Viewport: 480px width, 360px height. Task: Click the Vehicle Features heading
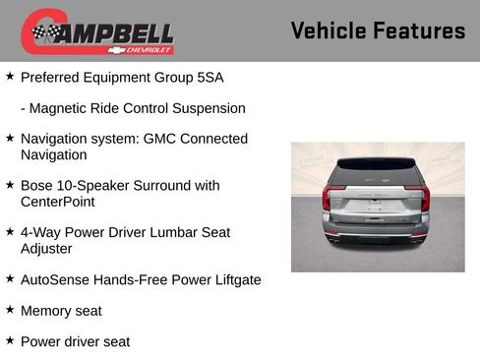(378, 30)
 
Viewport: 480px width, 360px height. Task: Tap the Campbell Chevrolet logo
(97, 31)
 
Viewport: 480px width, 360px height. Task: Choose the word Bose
(36, 185)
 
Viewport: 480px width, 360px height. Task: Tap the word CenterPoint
(57, 202)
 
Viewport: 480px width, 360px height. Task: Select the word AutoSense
(54, 279)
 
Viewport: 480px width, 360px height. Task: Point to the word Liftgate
(232, 279)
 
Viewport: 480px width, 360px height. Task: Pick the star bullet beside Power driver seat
(10, 340)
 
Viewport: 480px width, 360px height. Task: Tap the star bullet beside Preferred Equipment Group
(10, 76)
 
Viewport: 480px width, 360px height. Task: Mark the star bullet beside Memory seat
(10, 310)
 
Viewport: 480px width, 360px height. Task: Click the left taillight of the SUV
(327, 198)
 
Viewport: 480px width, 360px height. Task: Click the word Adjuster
(48, 249)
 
